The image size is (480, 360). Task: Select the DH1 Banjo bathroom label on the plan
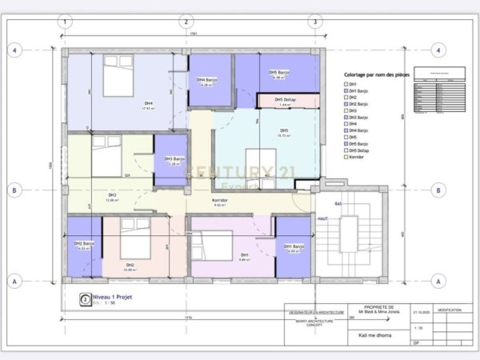(293, 246)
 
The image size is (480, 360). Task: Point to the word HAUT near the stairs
(324, 218)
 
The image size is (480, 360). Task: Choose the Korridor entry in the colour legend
(356, 157)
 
